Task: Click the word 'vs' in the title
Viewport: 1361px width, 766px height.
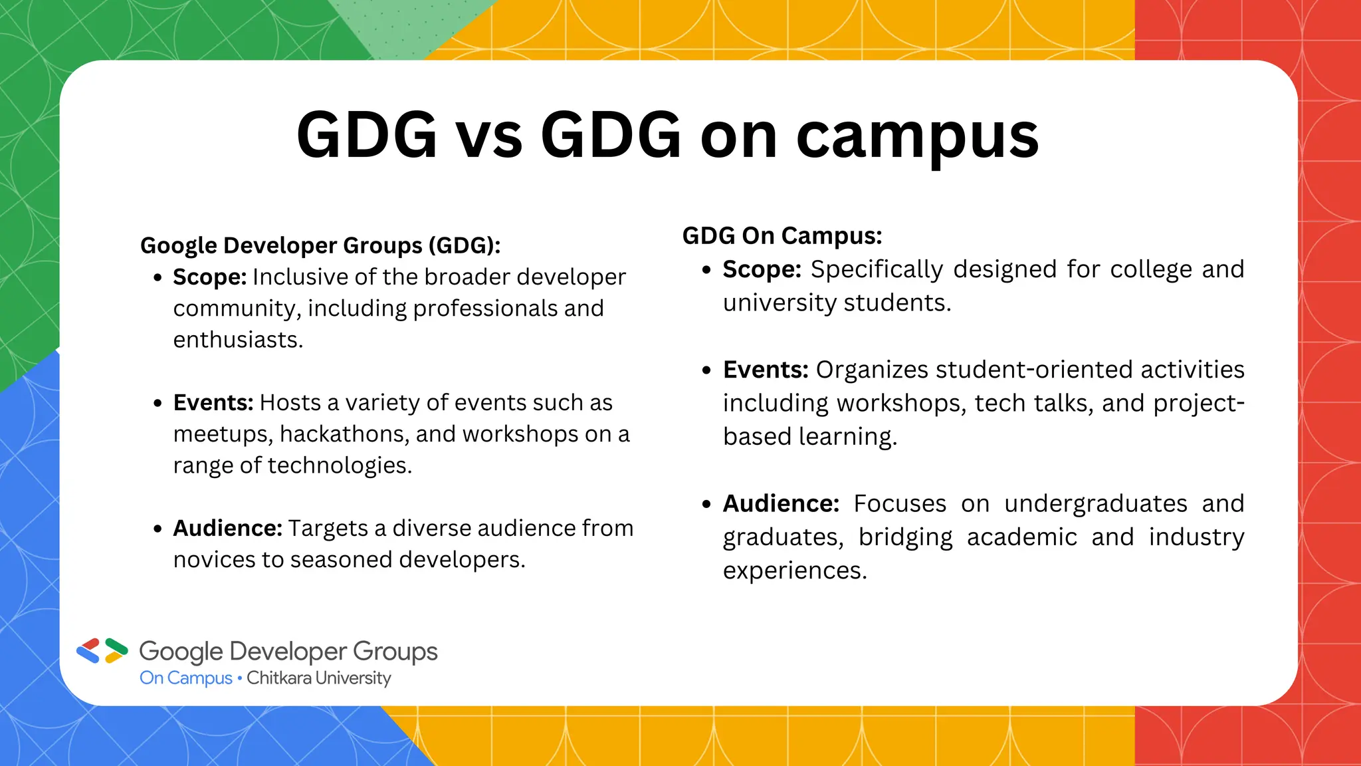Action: click(x=488, y=136)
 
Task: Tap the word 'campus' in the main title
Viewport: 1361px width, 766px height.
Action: click(x=917, y=136)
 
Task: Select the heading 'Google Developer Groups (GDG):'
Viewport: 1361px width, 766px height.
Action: click(x=320, y=245)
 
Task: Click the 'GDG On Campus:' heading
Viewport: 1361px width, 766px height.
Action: click(x=782, y=236)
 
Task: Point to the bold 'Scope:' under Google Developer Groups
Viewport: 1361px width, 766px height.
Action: click(x=210, y=277)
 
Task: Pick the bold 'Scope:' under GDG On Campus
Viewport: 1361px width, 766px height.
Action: click(x=762, y=269)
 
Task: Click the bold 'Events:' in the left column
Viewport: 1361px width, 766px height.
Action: click(x=213, y=402)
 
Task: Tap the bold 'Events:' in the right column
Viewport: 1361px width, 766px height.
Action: click(x=766, y=370)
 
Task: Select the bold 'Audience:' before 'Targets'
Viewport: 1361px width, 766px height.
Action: click(x=228, y=528)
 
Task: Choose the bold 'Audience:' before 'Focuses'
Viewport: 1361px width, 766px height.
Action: click(x=781, y=503)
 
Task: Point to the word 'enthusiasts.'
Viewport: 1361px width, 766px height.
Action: click(x=238, y=340)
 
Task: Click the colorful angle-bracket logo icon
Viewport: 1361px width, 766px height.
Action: click(x=102, y=651)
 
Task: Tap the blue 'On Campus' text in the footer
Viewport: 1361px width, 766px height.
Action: click(x=185, y=678)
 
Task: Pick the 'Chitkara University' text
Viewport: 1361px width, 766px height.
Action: click(x=319, y=678)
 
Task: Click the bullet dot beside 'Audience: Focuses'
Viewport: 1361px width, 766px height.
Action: click(x=706, y=505)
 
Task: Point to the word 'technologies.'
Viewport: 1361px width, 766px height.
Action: click(x=340, y=465)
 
